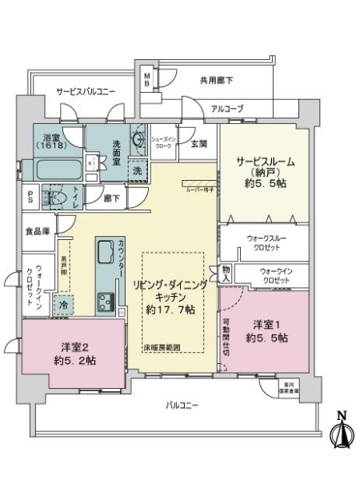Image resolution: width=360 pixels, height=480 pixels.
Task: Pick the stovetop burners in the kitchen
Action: (x=106, y=302)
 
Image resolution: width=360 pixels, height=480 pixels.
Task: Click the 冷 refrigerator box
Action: (x=63, y=305)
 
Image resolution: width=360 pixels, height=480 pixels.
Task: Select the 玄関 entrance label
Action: (x=199, y=144)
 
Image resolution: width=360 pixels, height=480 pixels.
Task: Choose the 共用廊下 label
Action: (x=216, y=80)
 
